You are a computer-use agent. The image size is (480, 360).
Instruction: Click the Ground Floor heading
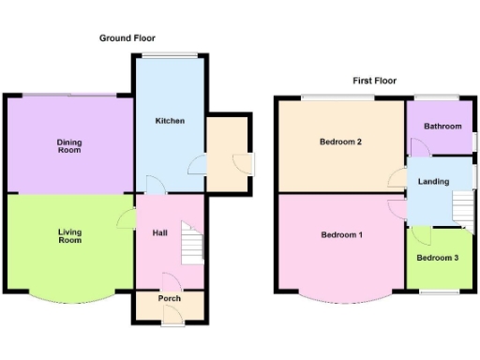127,38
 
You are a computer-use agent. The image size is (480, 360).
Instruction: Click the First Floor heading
374,82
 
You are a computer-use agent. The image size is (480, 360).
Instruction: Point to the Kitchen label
170,121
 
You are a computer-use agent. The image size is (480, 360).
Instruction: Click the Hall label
159,233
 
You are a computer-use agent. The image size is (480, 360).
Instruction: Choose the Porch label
170,299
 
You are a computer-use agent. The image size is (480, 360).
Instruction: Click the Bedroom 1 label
340,234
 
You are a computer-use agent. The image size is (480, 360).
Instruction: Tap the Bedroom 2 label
340,142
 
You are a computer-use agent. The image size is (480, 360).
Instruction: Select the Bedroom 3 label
437,258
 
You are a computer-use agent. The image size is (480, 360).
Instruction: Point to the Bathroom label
442,127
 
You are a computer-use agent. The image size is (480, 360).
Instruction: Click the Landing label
433,181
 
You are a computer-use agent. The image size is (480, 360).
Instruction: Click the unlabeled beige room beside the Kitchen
228,154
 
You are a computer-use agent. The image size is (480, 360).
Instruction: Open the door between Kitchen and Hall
154,185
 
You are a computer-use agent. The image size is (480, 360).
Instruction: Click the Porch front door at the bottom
170,321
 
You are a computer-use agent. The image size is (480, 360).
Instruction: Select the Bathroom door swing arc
416,145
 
